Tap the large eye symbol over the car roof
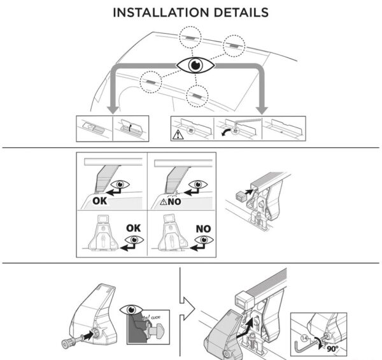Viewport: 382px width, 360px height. coord(195,66)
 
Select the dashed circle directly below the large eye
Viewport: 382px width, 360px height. coord(197,94)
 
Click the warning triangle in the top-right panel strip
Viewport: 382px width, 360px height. coord(176,133)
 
